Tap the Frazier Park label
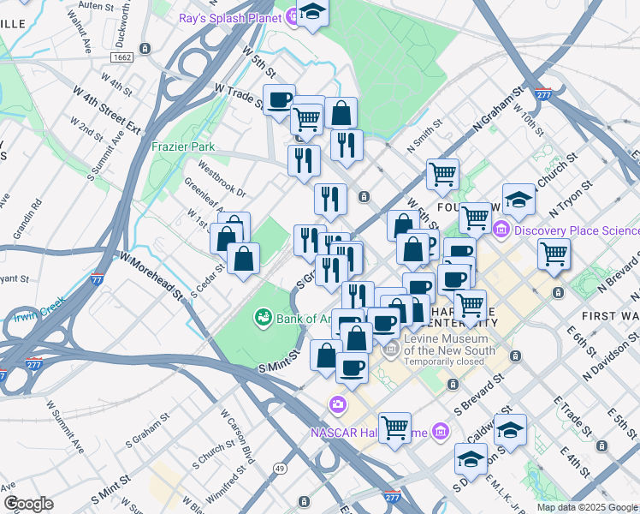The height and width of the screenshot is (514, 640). (184, 146)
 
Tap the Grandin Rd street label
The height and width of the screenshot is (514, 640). (26, 220)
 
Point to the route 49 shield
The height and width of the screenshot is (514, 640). (280, 467)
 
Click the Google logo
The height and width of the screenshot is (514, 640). (29, 504)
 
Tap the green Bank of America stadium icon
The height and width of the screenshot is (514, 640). (263, 319)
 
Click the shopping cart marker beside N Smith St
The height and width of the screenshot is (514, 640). (443, 175)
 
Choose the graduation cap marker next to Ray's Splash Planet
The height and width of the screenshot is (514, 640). (313, 13)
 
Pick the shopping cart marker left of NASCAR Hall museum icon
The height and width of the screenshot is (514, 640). (394, 428)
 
